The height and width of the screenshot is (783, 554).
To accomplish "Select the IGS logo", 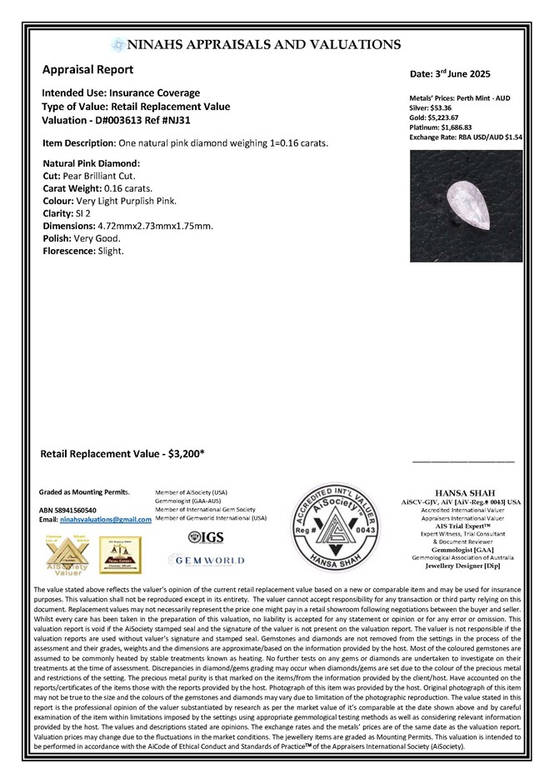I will [x=205, y=538].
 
